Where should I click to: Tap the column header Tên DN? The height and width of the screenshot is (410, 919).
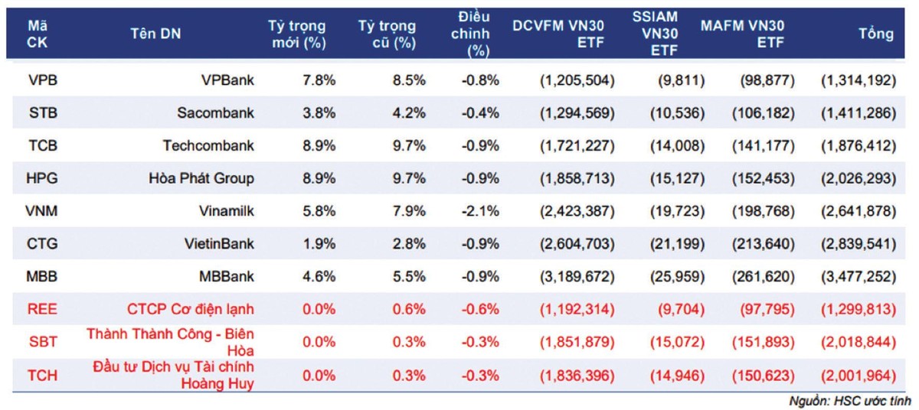[156, 34]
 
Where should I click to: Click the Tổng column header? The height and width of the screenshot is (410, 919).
[876, 34]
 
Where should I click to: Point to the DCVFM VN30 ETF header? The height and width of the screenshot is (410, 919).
[558, 34]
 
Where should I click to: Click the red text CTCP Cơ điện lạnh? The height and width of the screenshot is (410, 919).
[191, 309]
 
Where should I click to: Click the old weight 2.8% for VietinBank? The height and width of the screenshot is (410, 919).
[407, 244]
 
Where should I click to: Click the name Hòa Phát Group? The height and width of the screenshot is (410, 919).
[202, 179]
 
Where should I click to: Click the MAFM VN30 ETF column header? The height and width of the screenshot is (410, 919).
[743, 34]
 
